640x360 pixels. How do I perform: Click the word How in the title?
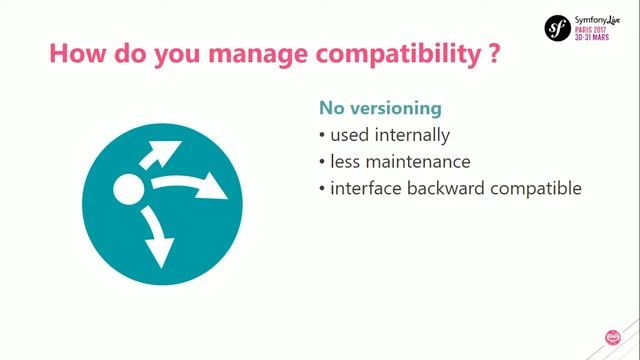[x=75, y=54]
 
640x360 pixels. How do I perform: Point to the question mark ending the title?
[x=494, y=54]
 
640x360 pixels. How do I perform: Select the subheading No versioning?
[x=380, y=107]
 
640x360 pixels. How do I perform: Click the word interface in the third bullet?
[x=364, y=188]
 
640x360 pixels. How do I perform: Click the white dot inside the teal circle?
[x=130, y=189]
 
